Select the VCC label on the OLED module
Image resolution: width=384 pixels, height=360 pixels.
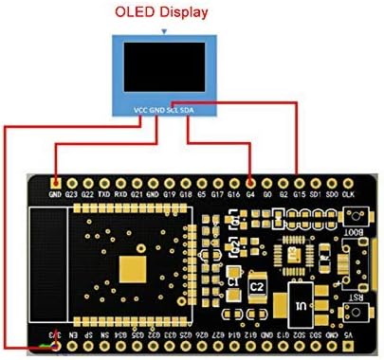pyautogui.click(x=140, y=111)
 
